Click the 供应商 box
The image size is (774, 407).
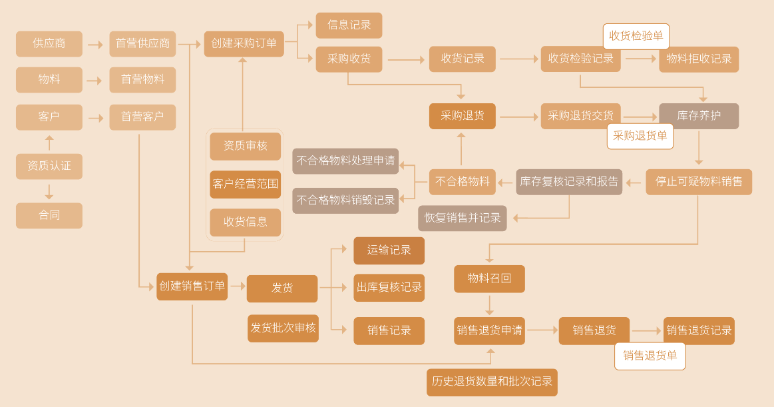pyautogui.click(x=49, y=44)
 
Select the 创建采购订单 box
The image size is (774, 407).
pyautogui.click(x=244, y=44)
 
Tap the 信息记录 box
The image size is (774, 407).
pyautogui.click(x=349, y=25)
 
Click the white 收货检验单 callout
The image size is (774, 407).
pyautogui.click(x=636, y=36)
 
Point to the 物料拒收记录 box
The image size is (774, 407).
pyautogui.click(x=699, y=59)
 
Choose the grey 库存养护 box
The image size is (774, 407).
pyautogui.click(x=699, y=116)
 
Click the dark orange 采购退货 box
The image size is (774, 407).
pyautogui.click(x=462, y=116)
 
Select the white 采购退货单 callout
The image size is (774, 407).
pyautogui.click(x=640, y=136)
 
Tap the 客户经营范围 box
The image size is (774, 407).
pyautogui.click(x=246, y=185)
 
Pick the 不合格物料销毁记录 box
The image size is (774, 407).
pyautogui.click(x=345, y=201)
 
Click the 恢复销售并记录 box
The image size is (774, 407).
pyautogui.click(x=463, y=218)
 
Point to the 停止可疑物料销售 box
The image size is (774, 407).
pyautogui.click(x=699, y=182)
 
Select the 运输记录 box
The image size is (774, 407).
pyautogui.click(x=389, y=250)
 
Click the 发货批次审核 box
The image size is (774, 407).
pyautogui.click(x=283, y=328)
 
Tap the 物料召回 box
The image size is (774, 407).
pyautogui.click(x=489, y=278)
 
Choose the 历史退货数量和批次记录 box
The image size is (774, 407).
pyautogui.click(x=492, y=382)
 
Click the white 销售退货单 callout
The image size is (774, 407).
pyautogui.click(x=650, y=356)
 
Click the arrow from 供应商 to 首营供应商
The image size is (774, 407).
pyautogui.click(x=95, y=45)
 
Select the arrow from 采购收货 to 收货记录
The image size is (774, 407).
pyautogui.click(x=406, y=60)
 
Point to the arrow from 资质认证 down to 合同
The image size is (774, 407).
pyautogui.click(x=49, y=192)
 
